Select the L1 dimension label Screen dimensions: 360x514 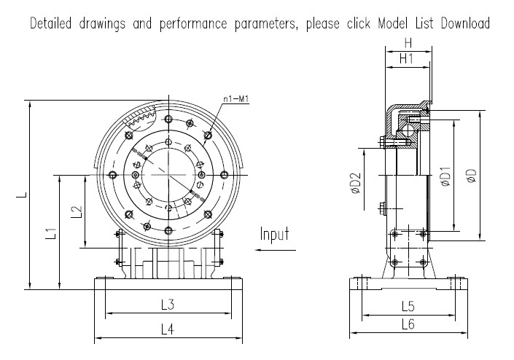[50, 234]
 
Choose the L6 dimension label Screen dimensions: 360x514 [408, 323]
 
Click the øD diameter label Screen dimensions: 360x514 [472, 176]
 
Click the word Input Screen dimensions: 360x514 [275, 234]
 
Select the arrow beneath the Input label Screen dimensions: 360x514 [275, 250]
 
